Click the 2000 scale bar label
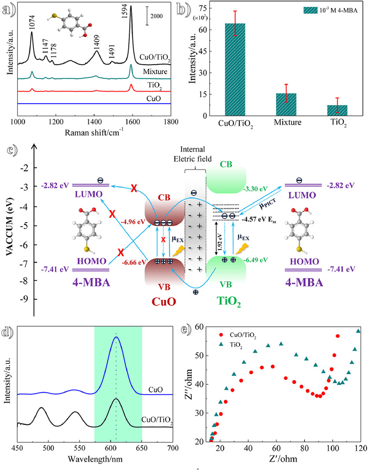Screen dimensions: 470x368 pos(157,16)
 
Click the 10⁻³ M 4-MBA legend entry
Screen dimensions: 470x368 pos(325,11)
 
